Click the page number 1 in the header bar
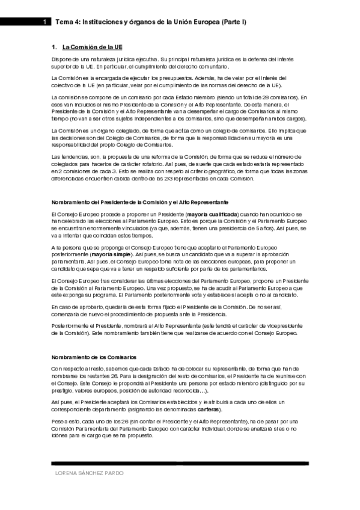pos(45,22)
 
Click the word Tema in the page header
pos(63,22)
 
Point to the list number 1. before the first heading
pos(55,46)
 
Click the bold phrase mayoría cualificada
pos(212,214)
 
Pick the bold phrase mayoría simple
pos(108,254)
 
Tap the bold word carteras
pos(234,407)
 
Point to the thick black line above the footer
pos(180,463)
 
